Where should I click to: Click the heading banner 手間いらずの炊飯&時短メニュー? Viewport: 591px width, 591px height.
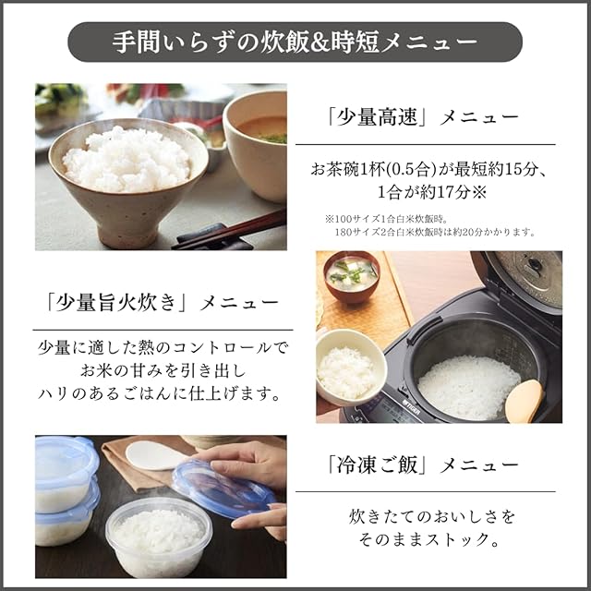(295, 42)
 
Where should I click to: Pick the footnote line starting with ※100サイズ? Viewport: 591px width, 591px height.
(386, 219)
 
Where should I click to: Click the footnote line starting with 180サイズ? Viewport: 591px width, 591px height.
(435, 232)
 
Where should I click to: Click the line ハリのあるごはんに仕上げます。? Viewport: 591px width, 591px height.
(160, 394)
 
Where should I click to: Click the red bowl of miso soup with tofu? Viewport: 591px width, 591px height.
(351, 276)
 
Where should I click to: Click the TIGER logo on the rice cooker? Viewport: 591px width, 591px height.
(412, 406)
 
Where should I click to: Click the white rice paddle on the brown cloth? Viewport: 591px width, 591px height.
(156, 455)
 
